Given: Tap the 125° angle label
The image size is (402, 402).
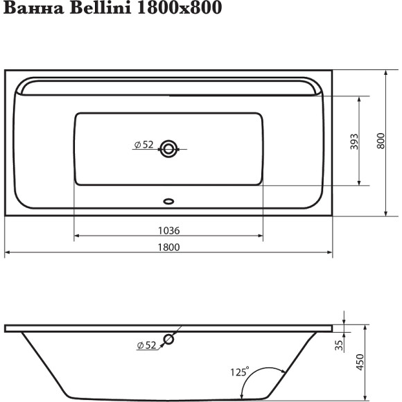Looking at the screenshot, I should point(239,372).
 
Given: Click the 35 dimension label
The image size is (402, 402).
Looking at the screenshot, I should point(339,344).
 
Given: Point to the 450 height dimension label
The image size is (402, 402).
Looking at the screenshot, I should point(360,362).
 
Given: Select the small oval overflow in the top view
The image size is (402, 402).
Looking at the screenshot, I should point(168,202).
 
